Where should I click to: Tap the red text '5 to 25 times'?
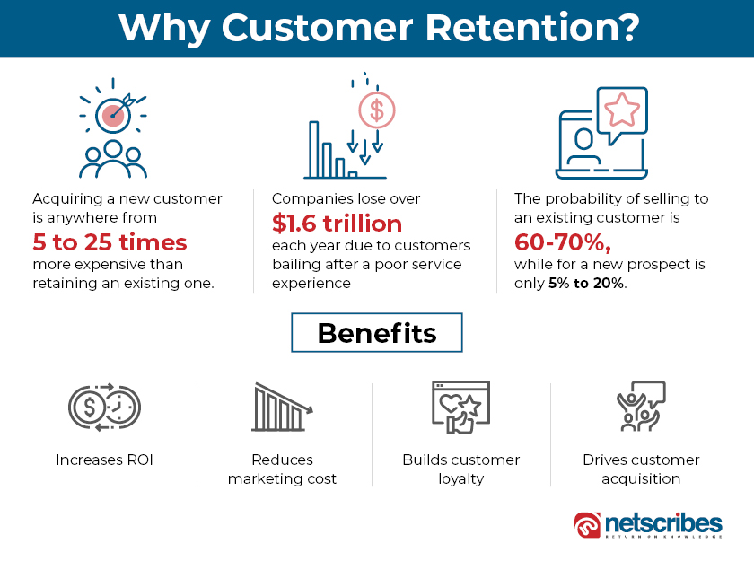click(x=110, y=242)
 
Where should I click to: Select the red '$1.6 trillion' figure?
click(x=337, y=223)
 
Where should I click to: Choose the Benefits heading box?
click(x=376, y=334)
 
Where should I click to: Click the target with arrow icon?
click(x=113, y=113)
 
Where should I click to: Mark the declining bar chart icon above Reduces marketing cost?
click(x=282, y=408)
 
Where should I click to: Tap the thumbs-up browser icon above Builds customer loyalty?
click(x=460, y=409)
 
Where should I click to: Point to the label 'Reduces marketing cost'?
click(x=282, y=469)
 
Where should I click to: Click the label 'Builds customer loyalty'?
click(x=460, y=469)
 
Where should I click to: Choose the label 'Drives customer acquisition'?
click(x=640, y=469)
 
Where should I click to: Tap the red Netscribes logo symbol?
click(x=589, y=525)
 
